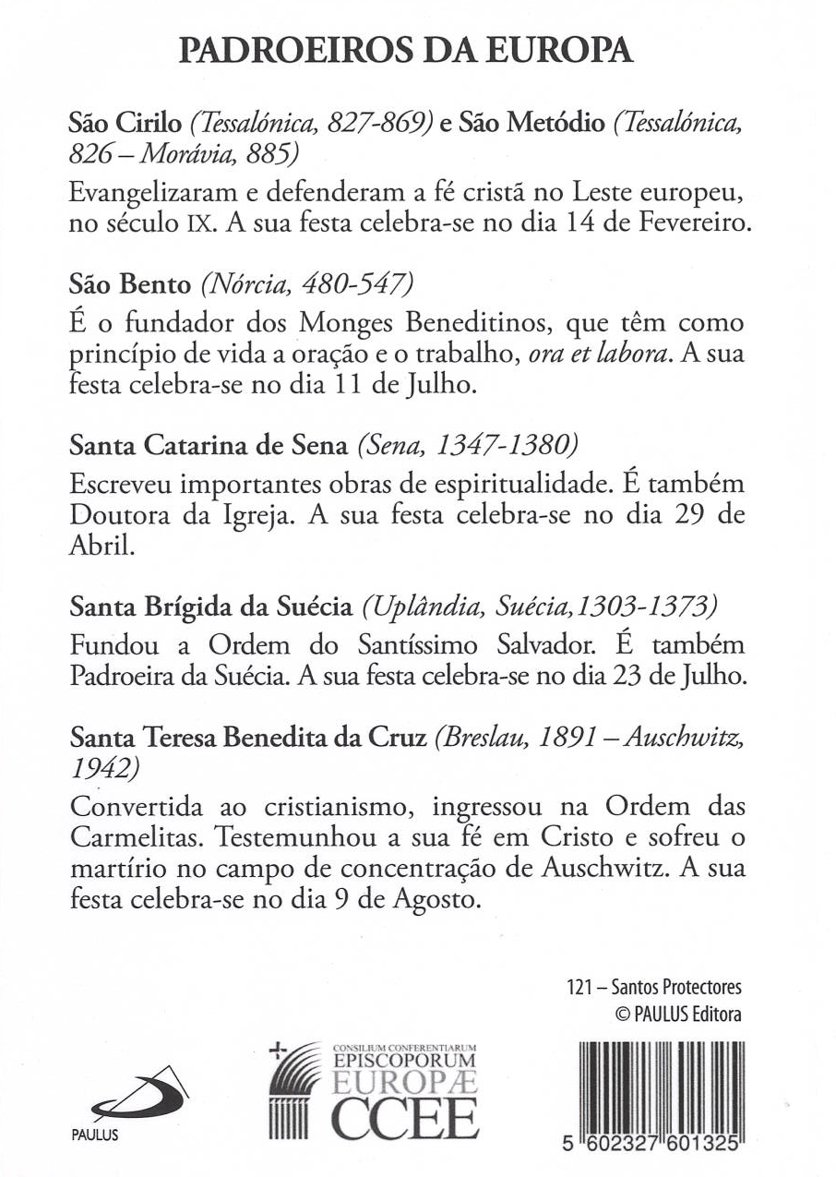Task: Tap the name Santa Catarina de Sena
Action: (210, 448)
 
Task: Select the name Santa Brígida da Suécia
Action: (211, 607)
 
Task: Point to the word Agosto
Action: (436, 898)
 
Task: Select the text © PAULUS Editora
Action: (678, 1013)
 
